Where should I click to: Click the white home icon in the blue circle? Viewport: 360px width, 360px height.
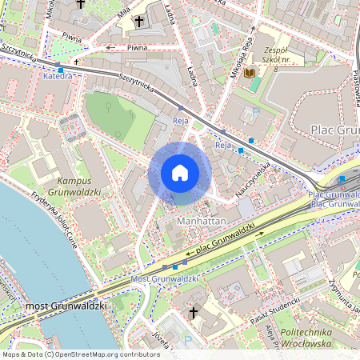(x=179, y=173)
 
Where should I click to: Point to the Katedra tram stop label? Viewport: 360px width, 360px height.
(x=58, y=78)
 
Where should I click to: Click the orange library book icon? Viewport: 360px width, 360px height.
(x=250, y=73)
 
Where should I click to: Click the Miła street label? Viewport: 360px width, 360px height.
(x=123, y=11)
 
